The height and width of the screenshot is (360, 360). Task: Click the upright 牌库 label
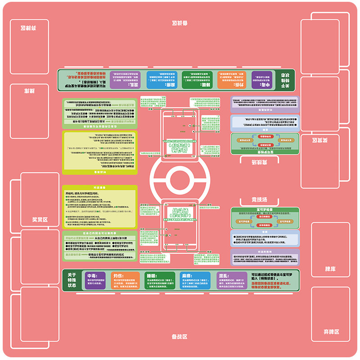click(x=330, y=269)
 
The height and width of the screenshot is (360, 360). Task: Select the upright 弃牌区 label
click(x=331, y=332)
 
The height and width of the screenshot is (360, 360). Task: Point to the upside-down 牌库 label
click(x=30, y=91)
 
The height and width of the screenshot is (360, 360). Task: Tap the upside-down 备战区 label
click(x=180, y=23)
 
